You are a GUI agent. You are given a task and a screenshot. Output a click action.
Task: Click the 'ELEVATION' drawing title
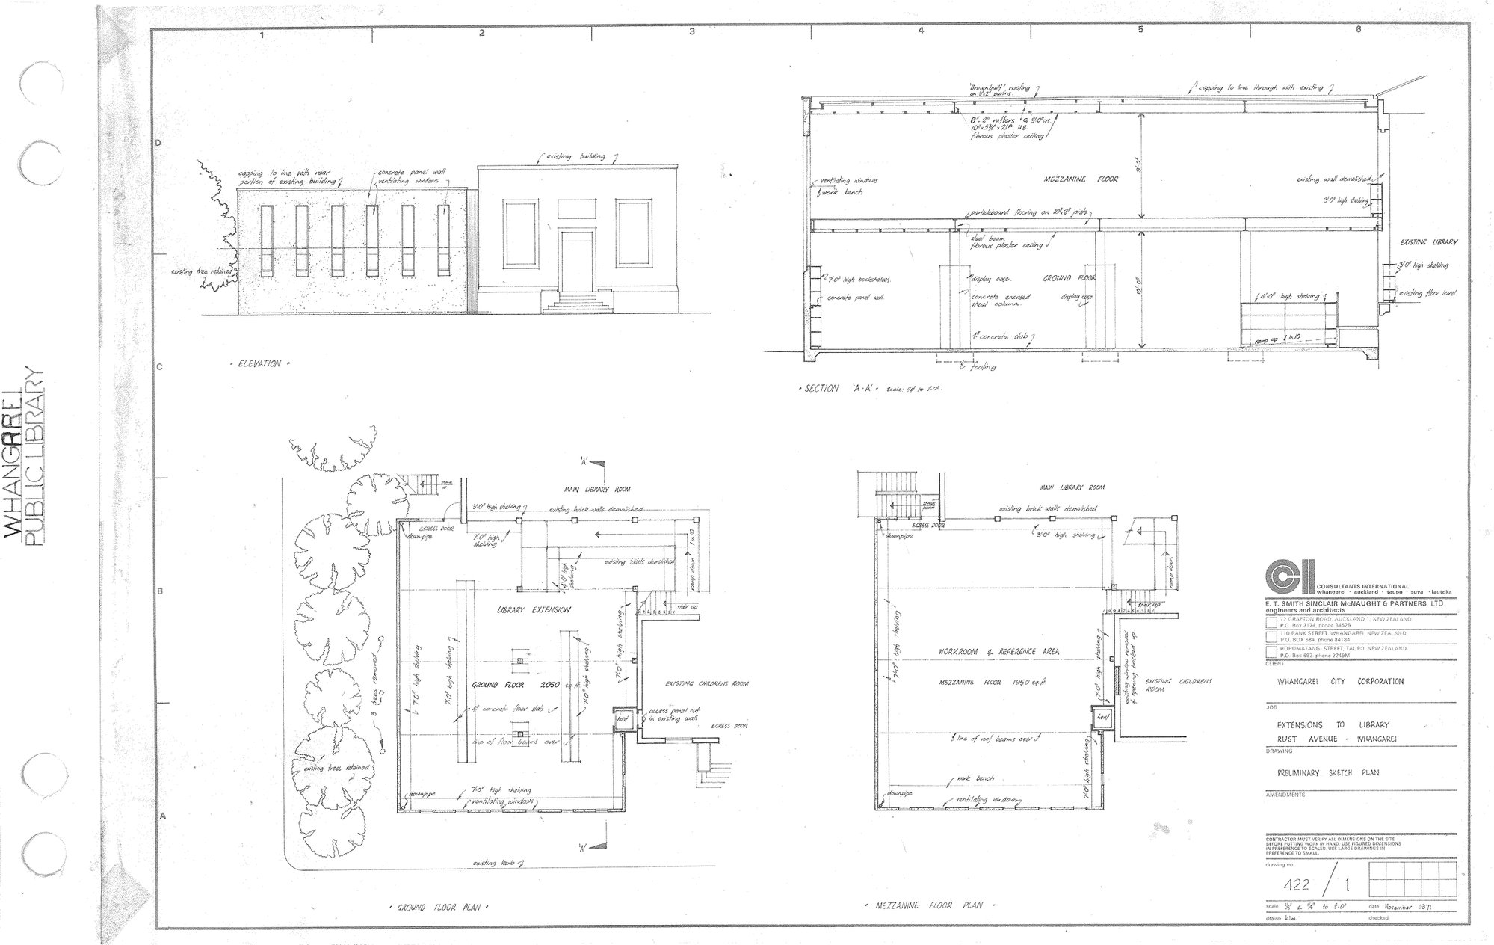(x=259, y=364)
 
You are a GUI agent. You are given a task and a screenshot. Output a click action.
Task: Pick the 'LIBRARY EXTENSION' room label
(x=533, y=610)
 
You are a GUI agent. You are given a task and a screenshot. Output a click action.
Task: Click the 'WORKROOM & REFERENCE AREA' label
(x=999, y=652)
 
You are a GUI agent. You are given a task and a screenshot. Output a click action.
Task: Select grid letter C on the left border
(x=158, y=367)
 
